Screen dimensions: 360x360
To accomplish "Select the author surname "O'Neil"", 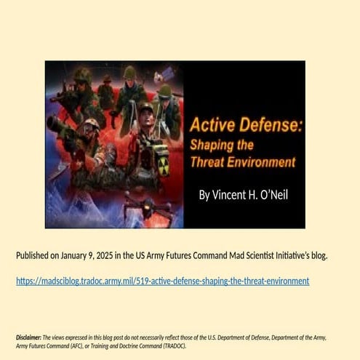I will click(x=273, y=196).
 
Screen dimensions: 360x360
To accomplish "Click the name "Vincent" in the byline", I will click(x=228, y=196).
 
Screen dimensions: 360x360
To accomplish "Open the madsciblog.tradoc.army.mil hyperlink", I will click(x=162, y=281).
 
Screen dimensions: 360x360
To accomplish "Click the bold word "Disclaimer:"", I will click(x=28, y=337).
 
